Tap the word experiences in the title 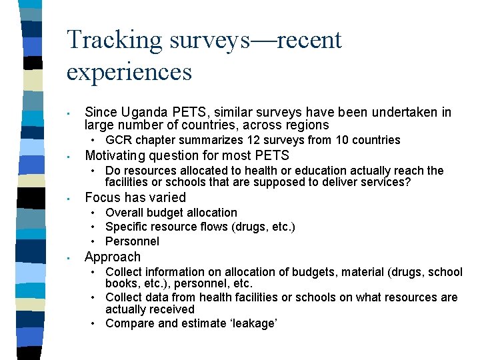click(129, 71)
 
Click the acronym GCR click(118, 140)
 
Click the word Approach click(113, 257)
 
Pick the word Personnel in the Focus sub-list click(133, 241)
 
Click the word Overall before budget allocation click(124, 213)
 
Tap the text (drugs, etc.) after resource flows click(263, 227)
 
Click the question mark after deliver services click(408, 182)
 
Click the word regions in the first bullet click(309, 125)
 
